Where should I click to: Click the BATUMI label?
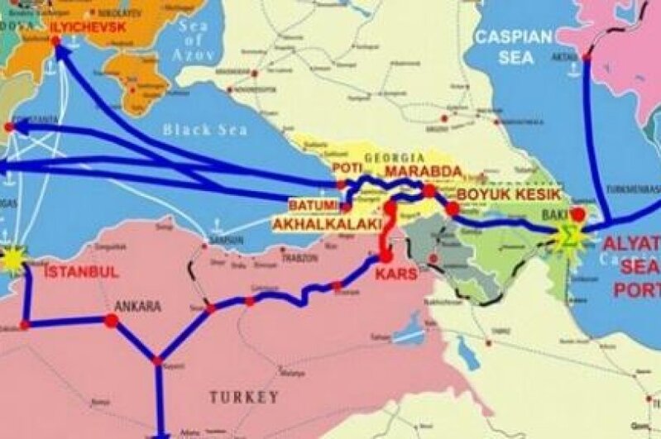point(314,203)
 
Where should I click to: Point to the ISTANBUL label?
point(81,271)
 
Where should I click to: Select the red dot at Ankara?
point(112,320)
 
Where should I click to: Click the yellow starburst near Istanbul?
point(12,259)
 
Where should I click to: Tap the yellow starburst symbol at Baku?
point(568,236)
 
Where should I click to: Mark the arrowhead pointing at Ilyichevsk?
point(60,51)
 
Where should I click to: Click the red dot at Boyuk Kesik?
point(452,210)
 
